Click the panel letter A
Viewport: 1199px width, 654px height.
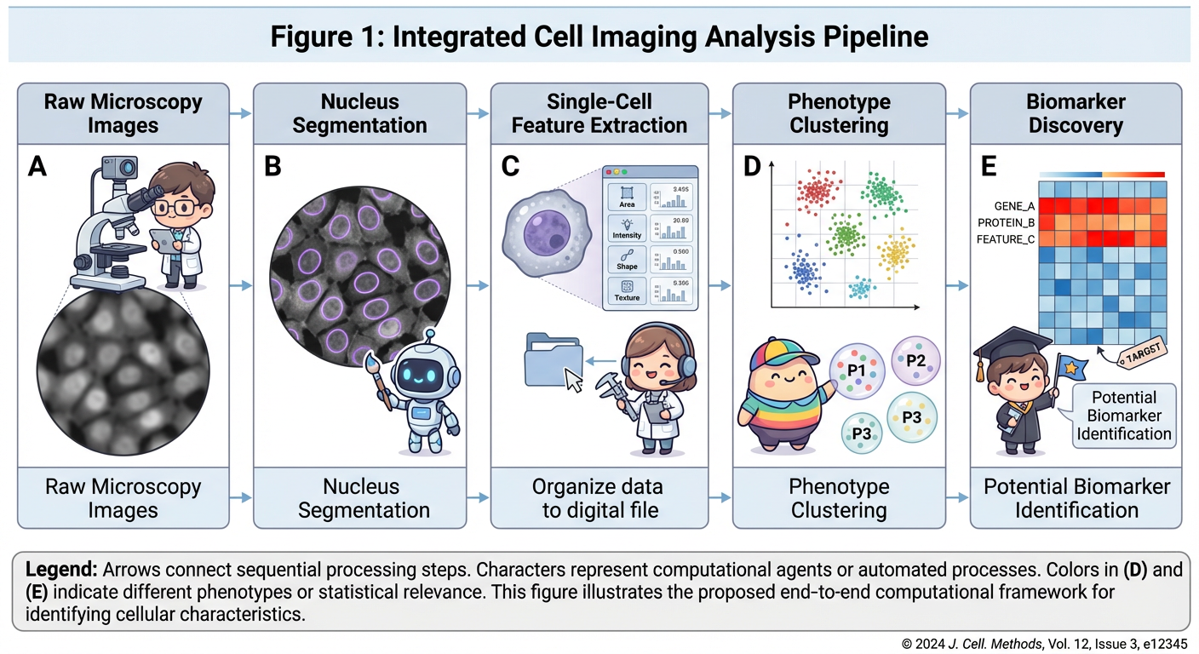tap(37, 165)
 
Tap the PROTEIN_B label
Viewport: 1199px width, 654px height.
tap(1006, 223)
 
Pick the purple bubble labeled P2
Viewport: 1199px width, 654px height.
tap(915, 360)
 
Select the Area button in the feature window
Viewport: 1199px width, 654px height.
tap(627, 198)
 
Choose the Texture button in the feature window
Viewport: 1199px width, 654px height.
tap(627, 290)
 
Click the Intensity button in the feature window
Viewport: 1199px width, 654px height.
tap(627, 228)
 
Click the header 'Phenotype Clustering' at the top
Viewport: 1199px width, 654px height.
tap(838, 113)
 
